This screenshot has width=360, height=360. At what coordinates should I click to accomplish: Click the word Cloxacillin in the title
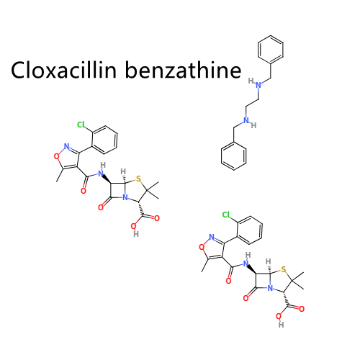(63, 70)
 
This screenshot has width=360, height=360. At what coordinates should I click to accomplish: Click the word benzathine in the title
(184, 70)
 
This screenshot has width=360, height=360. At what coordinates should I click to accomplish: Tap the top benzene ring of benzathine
(271, 50)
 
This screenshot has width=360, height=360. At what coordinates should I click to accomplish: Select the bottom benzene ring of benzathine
(234, 156)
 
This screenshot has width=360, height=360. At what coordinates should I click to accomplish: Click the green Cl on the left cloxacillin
(81, 125)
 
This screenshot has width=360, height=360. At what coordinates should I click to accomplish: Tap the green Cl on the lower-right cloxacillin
(226, 215)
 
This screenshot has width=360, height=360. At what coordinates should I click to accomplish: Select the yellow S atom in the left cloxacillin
(138, 179)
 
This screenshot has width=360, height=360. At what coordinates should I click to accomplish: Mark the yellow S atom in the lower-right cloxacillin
(284, 269)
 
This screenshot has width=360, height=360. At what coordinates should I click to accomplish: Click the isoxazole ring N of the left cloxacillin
(66, 146)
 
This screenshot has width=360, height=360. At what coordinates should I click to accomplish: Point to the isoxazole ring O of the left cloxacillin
(56, 156)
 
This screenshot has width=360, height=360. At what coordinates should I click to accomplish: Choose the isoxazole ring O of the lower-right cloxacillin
(202, 247)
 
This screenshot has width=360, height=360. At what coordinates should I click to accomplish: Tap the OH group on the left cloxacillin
(135, 230)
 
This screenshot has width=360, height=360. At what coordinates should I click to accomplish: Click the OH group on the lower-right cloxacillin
(280, 320)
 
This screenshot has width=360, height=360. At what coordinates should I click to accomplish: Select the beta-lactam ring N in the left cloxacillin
(125, 198)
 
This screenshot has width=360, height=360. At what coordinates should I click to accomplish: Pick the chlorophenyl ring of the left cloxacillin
(105, 140)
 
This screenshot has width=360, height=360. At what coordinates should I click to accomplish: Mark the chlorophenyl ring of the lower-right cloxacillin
(250, 230)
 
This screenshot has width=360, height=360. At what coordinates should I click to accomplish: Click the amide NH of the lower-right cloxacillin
(246, 260)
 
